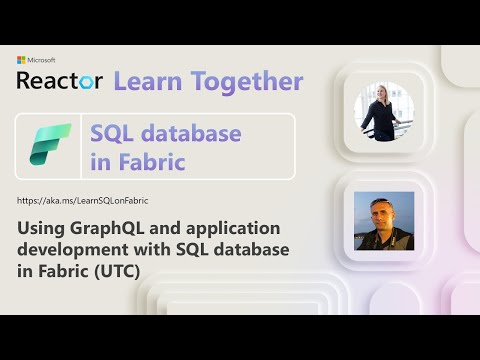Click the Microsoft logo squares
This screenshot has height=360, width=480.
(21, 61)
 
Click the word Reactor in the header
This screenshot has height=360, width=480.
(59, 81)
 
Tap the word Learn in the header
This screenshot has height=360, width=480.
(149, 81)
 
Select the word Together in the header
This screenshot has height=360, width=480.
(244, 81)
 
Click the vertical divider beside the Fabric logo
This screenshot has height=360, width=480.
(81, 146)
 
